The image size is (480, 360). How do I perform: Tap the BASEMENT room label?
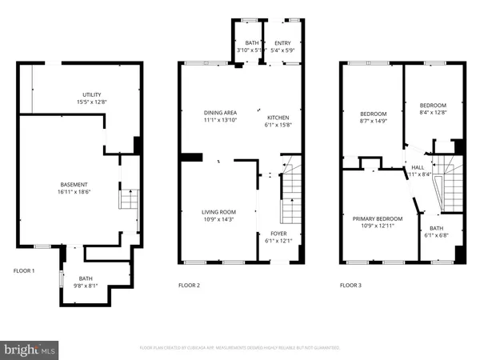pos(73,184)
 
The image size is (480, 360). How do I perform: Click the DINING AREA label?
pos(218,113)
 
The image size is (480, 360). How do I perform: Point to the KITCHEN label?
pos(277,117)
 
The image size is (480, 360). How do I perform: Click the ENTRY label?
pos(282,43)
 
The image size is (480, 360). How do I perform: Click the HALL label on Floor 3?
pos(418,167)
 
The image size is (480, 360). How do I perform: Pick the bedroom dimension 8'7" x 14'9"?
pos(373,121)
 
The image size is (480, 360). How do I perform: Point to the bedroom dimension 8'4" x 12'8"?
pos(433,112)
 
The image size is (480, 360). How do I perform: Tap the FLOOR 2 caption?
pos(189,285)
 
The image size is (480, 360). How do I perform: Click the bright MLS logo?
pos(30,349)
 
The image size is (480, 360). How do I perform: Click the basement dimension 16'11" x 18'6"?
pos(73,191)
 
